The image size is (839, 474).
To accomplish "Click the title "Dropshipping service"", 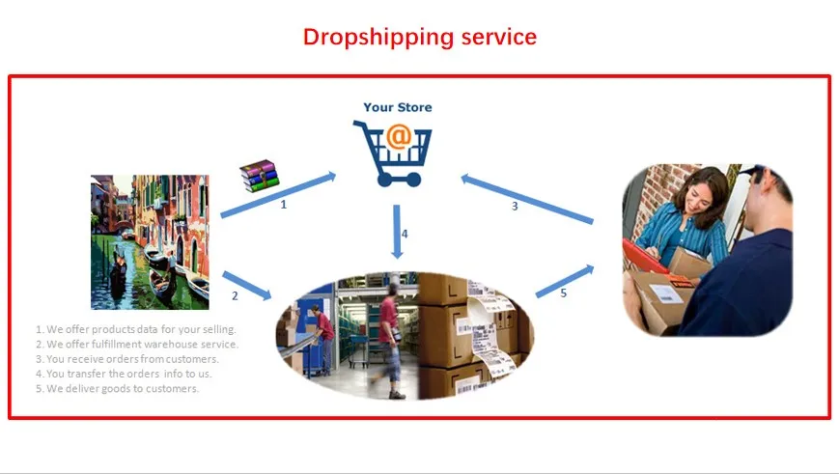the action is (419, 38).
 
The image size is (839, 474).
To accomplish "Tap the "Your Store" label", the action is (398, 107).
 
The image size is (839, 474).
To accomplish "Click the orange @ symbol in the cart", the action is (399, 136).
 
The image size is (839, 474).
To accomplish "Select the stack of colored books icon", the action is (260, 176).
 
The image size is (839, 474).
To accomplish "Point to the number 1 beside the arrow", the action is (284, 205).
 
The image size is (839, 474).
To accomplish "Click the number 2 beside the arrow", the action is (235, 295).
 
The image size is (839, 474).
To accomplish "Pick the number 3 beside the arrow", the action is (515, 206).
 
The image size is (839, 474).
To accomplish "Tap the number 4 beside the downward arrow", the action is (405, 234).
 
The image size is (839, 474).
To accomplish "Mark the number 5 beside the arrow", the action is (564, 293).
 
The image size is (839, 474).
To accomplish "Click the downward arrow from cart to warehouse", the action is (397, 232).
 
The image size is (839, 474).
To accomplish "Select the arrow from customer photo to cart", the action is (527, 199).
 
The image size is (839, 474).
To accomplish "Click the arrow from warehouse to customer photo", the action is (565, 281).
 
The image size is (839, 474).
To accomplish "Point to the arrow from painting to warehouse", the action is (246, 286).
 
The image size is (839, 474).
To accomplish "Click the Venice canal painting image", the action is (150, 241).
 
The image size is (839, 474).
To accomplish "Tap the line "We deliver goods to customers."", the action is (117, 389).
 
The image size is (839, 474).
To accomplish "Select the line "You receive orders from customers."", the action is (127, 359).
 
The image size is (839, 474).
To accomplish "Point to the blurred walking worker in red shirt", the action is (390, 342).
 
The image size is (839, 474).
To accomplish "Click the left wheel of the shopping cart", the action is (384, 180).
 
